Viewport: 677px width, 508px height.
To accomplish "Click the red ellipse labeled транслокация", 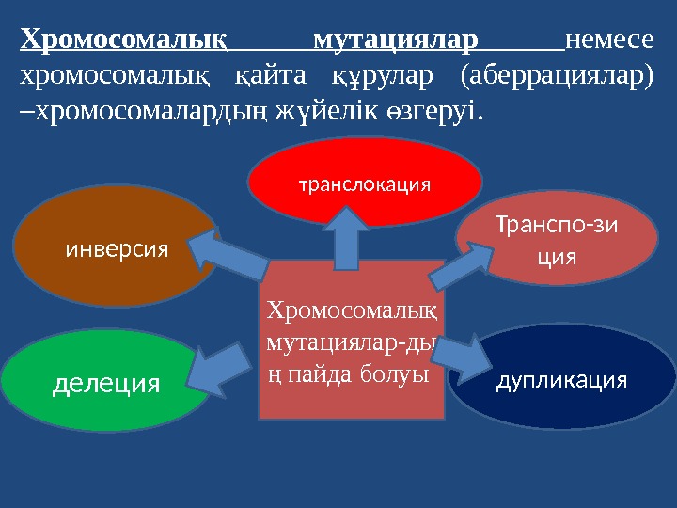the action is click(x=365, y=183).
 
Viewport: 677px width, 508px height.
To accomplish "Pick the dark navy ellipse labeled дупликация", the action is click(x=561, y=380).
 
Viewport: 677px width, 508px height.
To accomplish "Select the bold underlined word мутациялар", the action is click(x=395, y=40).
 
